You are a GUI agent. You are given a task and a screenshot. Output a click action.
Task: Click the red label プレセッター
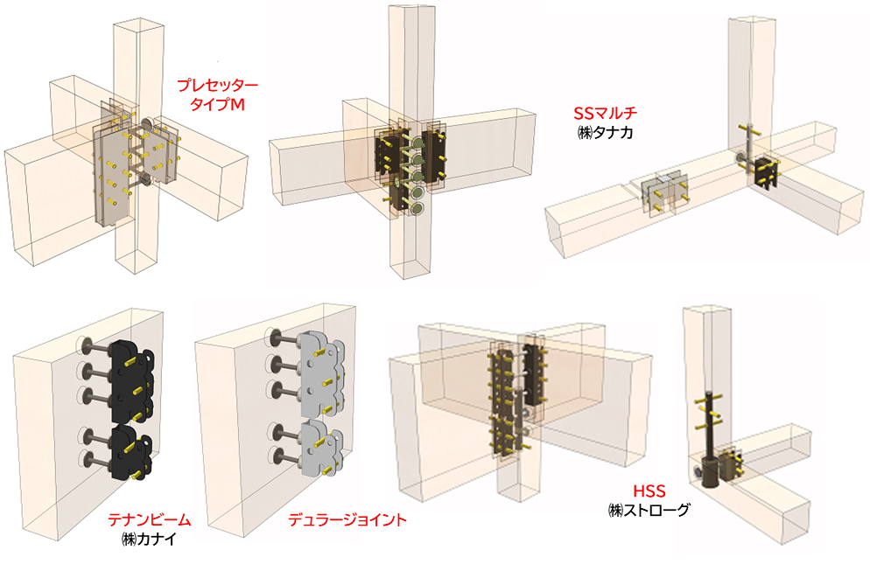tap(218, 87)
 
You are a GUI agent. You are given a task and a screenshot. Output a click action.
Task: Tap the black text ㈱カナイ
tap(144, 538)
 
